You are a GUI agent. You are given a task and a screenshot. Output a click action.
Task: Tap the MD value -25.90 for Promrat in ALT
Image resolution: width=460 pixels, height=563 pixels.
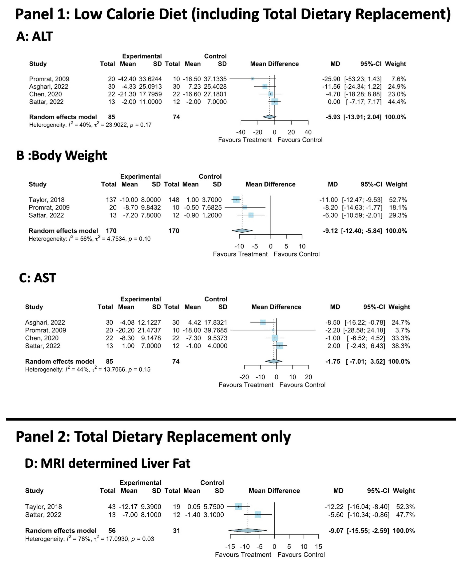(x=331, y=79)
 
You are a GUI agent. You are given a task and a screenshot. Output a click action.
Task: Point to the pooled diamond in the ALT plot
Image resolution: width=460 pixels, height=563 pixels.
(x=269, y=117)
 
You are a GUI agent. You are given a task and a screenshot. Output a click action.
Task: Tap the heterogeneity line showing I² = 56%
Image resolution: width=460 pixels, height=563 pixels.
(x=90, y=239)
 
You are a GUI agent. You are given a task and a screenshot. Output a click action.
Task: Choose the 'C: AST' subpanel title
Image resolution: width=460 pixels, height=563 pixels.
(x=37, y=278)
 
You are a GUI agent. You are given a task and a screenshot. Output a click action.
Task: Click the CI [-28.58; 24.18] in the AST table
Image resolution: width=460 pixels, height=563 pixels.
(x=364, y=330)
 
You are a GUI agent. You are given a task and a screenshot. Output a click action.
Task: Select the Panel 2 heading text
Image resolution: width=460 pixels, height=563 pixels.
(x=153, y=437)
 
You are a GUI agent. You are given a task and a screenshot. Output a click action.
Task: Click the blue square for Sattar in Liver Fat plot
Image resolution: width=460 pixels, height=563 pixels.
(x=258, y=515)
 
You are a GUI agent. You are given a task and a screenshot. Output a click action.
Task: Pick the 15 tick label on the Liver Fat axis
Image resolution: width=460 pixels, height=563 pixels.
(x=318, y=547)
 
